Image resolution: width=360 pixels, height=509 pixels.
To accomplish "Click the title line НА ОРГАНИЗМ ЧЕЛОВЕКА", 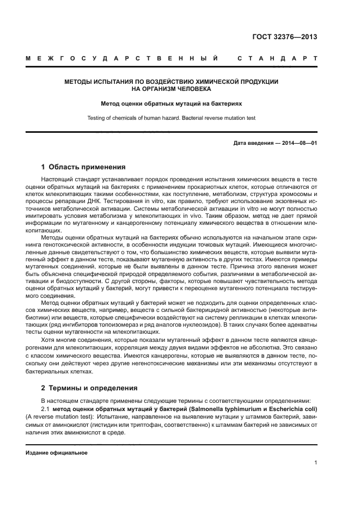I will (172, 89).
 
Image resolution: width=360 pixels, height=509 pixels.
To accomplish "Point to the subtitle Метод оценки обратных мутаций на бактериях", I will (172, 102).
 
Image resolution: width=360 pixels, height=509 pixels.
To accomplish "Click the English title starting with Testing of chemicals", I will (172, 118).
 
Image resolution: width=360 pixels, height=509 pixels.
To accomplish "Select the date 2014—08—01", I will (298, 143).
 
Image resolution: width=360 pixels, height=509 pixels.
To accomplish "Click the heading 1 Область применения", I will (83, 167).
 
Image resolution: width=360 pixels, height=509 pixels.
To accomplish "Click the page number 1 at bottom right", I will (315, 463).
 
